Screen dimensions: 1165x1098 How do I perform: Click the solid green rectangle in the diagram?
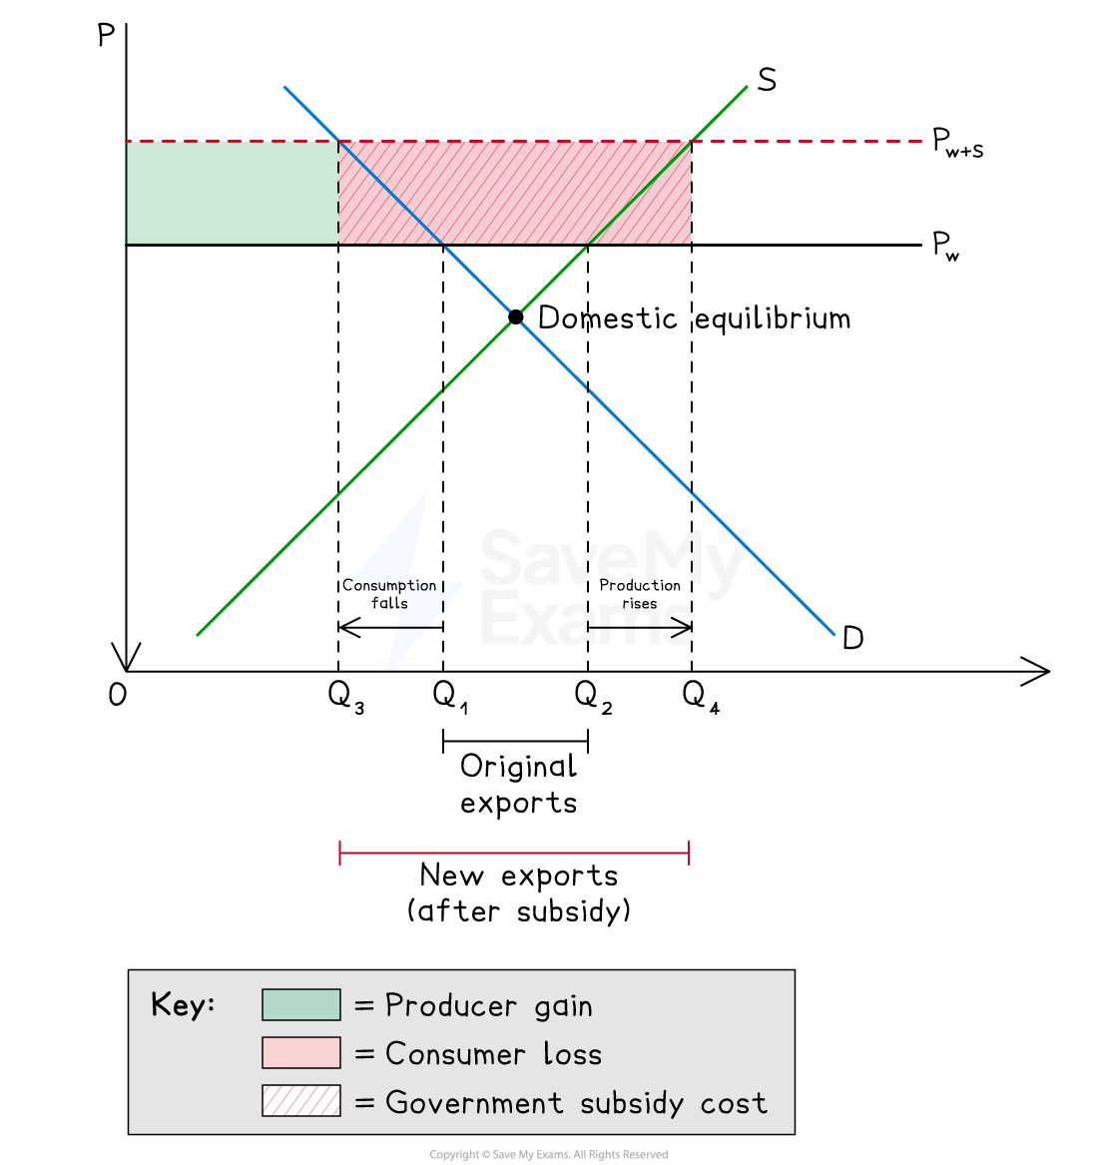click(233, 193)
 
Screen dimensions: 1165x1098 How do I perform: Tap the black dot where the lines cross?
click(515, 316)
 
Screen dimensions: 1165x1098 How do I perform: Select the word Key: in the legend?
click(183, 1004)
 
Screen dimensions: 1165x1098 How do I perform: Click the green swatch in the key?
click(300, 1004)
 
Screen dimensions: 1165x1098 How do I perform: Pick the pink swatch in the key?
click(300, 1053)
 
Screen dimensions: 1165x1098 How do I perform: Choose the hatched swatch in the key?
click(300, 1101)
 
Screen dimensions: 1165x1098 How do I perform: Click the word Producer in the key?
click(451, 1005)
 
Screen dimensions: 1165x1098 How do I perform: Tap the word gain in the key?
click(563, 1006)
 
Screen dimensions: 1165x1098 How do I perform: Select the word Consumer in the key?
click(455, 1054)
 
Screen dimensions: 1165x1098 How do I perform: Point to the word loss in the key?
click(572, 1054)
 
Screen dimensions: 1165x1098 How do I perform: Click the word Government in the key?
click(474, 1102)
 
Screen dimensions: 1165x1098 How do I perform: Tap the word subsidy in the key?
click(632, 1103)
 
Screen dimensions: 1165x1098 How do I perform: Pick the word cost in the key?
click(734, 1103)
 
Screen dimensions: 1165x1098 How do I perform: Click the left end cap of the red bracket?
click(340, 853)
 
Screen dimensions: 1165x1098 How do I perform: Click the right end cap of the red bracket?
click(689, 853)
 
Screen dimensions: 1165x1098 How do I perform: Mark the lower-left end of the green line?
click(199, 634)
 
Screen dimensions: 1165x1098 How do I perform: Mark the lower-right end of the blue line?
click(833, 633)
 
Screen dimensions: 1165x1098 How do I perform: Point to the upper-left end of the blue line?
click(285, 88)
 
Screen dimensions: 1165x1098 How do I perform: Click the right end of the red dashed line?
click(919, 142)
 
